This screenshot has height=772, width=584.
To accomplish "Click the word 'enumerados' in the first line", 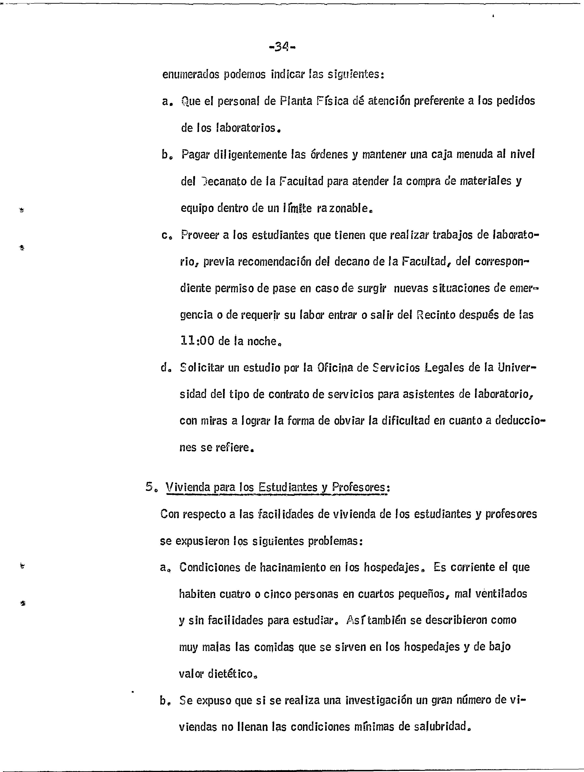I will click(x=191, y=75).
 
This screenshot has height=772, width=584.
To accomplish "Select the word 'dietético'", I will click(x=230, y=674).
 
